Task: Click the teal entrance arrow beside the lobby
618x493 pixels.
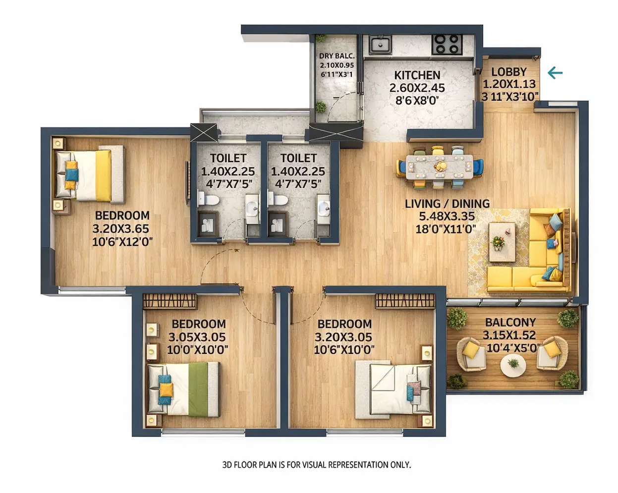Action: [x=555, y=73]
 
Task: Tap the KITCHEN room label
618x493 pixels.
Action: [x=417, y=75]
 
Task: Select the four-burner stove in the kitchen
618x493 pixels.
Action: [x=447, y=44]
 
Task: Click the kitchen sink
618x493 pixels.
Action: [x=380, y=45]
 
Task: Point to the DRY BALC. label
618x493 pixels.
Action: [x=337, y=56]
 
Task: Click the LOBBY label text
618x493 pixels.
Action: [x=509, y=72]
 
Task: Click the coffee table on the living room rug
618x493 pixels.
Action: [x=502, y=241]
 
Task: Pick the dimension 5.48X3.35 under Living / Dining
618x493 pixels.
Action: [x=446, y=217]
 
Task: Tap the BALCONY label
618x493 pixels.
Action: [x=510, y=323]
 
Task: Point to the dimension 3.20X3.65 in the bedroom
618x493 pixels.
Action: [x=120, y=229]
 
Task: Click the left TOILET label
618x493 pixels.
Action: [x=228, y=158]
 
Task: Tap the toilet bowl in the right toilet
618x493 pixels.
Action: [x=279, y=200]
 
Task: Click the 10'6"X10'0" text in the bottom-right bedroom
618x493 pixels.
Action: [x=344, y=350]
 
